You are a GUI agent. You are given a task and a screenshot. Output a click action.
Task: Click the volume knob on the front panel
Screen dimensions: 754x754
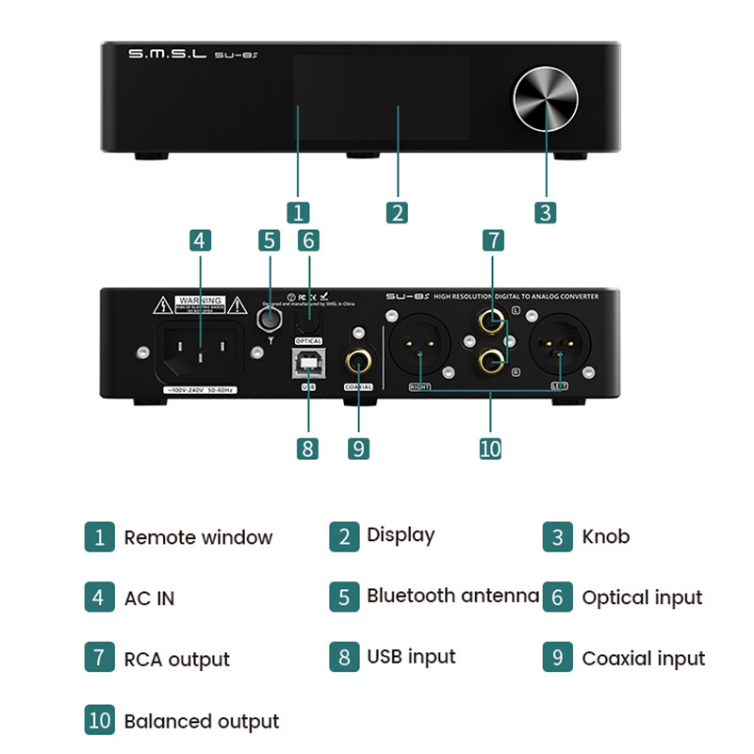coord(547,99)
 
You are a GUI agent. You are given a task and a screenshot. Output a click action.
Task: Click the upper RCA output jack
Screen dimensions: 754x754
coord(490,323)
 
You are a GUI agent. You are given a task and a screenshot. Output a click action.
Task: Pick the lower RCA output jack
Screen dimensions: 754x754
coord(490,359)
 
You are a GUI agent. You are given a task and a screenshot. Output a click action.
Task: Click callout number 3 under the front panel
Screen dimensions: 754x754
coord(545,212)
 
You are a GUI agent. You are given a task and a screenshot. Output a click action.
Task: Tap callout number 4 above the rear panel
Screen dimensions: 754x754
coord(198,240)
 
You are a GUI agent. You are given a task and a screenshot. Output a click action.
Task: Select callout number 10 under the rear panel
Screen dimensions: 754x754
coord(490,448)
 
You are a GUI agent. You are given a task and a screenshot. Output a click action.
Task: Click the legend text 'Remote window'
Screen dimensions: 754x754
coord(198,538)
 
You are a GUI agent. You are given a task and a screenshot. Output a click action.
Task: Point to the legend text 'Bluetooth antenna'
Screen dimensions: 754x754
coord(452,596)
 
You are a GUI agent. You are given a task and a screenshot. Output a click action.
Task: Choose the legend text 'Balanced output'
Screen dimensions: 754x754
coord(202,722)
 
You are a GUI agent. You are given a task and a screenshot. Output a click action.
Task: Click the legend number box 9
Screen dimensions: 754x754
coord(557,658)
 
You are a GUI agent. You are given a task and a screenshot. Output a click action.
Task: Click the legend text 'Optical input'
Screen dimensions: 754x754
coord(642,598)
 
